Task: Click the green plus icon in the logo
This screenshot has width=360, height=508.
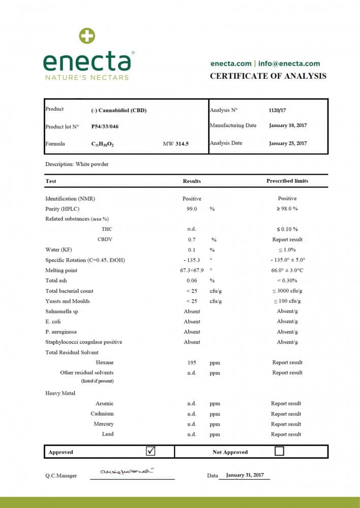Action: (87, 36)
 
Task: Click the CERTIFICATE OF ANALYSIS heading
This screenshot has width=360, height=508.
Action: (268, 76)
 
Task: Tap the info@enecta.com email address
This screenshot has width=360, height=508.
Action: (289, 63)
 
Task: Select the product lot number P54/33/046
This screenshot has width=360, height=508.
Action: (105, 126)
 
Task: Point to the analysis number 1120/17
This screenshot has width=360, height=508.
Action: (277, 110)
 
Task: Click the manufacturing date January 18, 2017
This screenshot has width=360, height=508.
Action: (288, 125)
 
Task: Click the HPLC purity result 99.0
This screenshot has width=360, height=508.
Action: (192, 209)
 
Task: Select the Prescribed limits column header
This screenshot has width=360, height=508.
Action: (287, 181)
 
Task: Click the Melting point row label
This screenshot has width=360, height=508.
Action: (61, 270)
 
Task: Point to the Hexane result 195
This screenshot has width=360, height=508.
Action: (192, 363)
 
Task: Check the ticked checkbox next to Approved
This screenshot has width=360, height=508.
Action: (151, 451)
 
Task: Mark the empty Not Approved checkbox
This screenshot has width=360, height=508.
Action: (279, 451)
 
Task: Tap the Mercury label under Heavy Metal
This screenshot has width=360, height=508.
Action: (104, 424)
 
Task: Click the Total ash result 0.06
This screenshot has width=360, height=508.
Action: (192, 280)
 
